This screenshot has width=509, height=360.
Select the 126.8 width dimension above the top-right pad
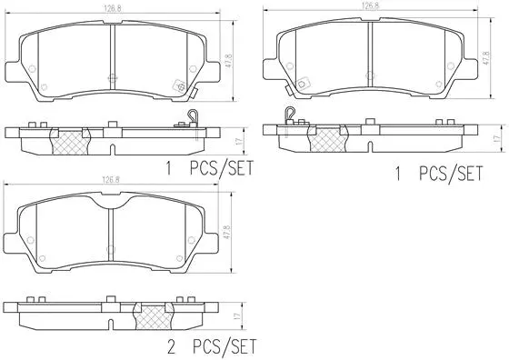(370, 5)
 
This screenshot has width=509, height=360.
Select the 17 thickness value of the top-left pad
(237, 142)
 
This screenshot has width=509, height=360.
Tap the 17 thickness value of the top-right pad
(495, 137)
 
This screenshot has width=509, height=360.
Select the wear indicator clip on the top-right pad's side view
(290, 115)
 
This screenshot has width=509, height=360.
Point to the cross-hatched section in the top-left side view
(69, 141)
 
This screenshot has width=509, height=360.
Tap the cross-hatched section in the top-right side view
(329, 138)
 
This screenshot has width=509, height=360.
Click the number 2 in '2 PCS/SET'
(168, 347)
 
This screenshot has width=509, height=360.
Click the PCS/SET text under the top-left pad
(222, 167)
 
